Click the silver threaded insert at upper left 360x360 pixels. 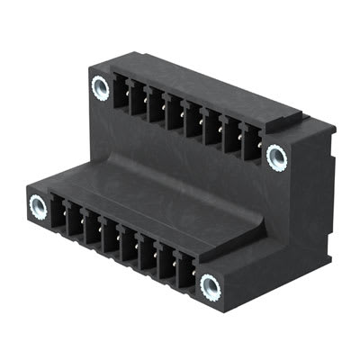tap(100, 87)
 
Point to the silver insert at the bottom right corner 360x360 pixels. tap(211, 288)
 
